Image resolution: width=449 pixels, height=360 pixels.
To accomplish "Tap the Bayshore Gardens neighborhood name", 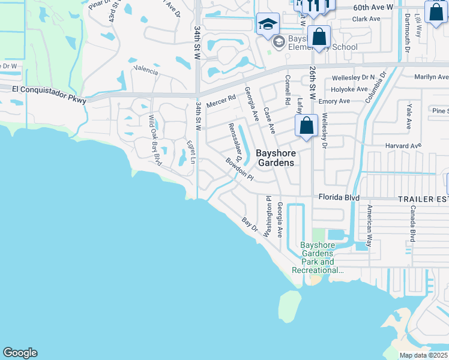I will pyautogui.click(x=276, y=158).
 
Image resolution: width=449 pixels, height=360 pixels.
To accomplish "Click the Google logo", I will pyautogui.click(x=20, y=353).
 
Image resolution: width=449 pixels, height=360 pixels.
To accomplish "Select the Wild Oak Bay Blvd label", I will pyautogui.click(x=155, y=140).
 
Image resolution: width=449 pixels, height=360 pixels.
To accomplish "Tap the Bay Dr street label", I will pyautogui.click(x=249, y=226).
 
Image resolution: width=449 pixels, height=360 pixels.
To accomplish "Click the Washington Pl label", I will pyautogui.click(x=269, y=214).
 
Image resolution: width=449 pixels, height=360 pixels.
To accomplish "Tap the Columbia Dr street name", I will pyautogui.click(x=376, y=87).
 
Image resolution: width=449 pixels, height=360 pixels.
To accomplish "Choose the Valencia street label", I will pyautogui.click(x=146, y=71).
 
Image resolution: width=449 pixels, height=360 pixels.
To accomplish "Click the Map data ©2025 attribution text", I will pyautogui.click(x=423, y=355).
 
